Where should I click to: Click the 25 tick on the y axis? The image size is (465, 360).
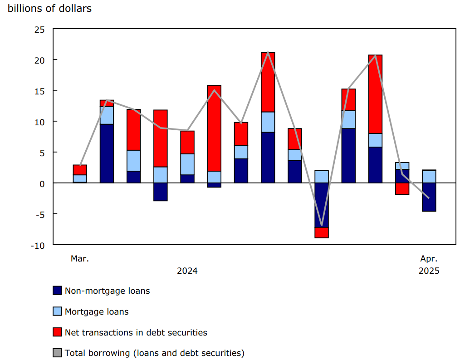[39, 30]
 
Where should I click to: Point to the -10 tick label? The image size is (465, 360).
[38, 245]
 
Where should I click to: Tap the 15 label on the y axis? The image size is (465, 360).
[39, 91]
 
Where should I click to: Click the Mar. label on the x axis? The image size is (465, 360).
[80, 259]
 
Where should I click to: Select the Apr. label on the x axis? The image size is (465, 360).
[429, 259]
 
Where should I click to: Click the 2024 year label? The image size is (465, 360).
[187, 271]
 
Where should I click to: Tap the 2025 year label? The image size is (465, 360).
[429, 271]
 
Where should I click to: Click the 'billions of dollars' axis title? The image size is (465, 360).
[50, 8]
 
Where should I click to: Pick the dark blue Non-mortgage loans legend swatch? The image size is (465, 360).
[57, 291]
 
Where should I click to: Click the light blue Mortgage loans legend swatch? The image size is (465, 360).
[57, 311]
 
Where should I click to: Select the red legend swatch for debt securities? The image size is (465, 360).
[57, 332]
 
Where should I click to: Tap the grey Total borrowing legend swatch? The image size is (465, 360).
[57, 353]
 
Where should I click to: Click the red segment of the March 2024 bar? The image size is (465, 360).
[80, 170]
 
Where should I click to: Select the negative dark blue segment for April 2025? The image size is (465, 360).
[429, 197]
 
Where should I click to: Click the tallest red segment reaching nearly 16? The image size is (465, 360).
[214, 128]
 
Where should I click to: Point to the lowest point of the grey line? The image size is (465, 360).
[322, 225]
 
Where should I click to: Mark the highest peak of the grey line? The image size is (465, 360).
[268, 52]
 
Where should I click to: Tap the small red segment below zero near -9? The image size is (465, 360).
[322, 232]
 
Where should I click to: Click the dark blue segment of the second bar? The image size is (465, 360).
[107, 153]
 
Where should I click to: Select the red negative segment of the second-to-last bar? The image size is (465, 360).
[402, 188]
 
